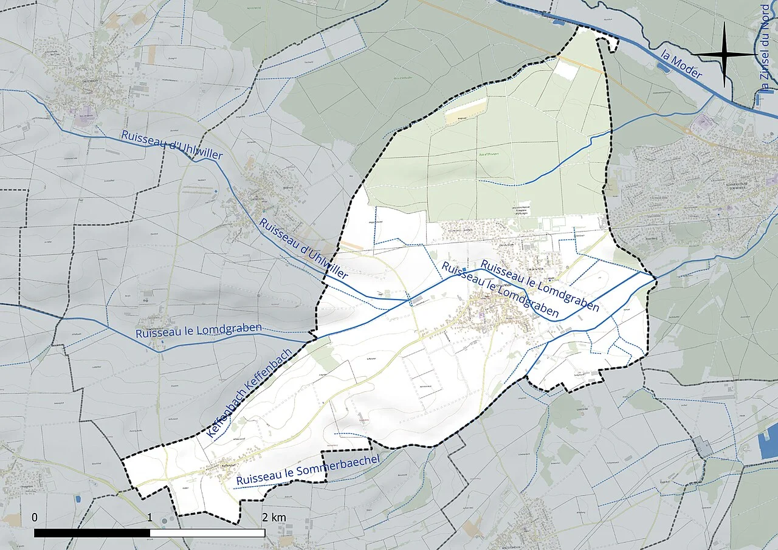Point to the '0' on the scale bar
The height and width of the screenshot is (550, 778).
point(35,517)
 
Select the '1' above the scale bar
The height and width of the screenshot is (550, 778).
point(150,517)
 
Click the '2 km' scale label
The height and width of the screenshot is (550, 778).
point(274,517)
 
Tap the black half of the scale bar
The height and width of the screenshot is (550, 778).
point(92,533)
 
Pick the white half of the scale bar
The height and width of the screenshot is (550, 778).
point(207,533)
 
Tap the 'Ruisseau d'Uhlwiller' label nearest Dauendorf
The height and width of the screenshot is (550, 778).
point(172,145)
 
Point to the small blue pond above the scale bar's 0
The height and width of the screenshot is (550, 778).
point(78,499)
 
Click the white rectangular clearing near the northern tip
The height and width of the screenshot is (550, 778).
point(565,70)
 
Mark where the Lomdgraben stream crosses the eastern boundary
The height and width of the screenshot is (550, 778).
point(656,278)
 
